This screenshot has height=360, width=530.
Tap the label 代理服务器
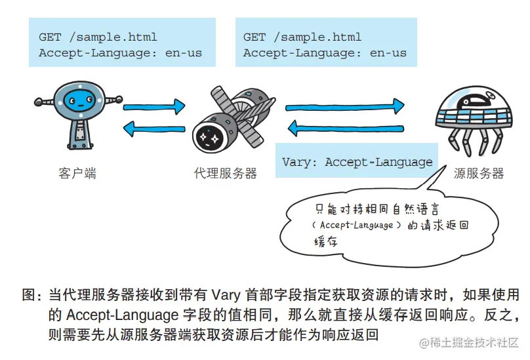coord(226,174)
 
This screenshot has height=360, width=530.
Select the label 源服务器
coord(479,174)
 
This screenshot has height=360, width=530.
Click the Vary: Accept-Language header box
coord(357,162)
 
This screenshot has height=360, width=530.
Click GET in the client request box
coord(51,37)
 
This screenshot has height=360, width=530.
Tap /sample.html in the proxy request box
coord(317,37)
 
